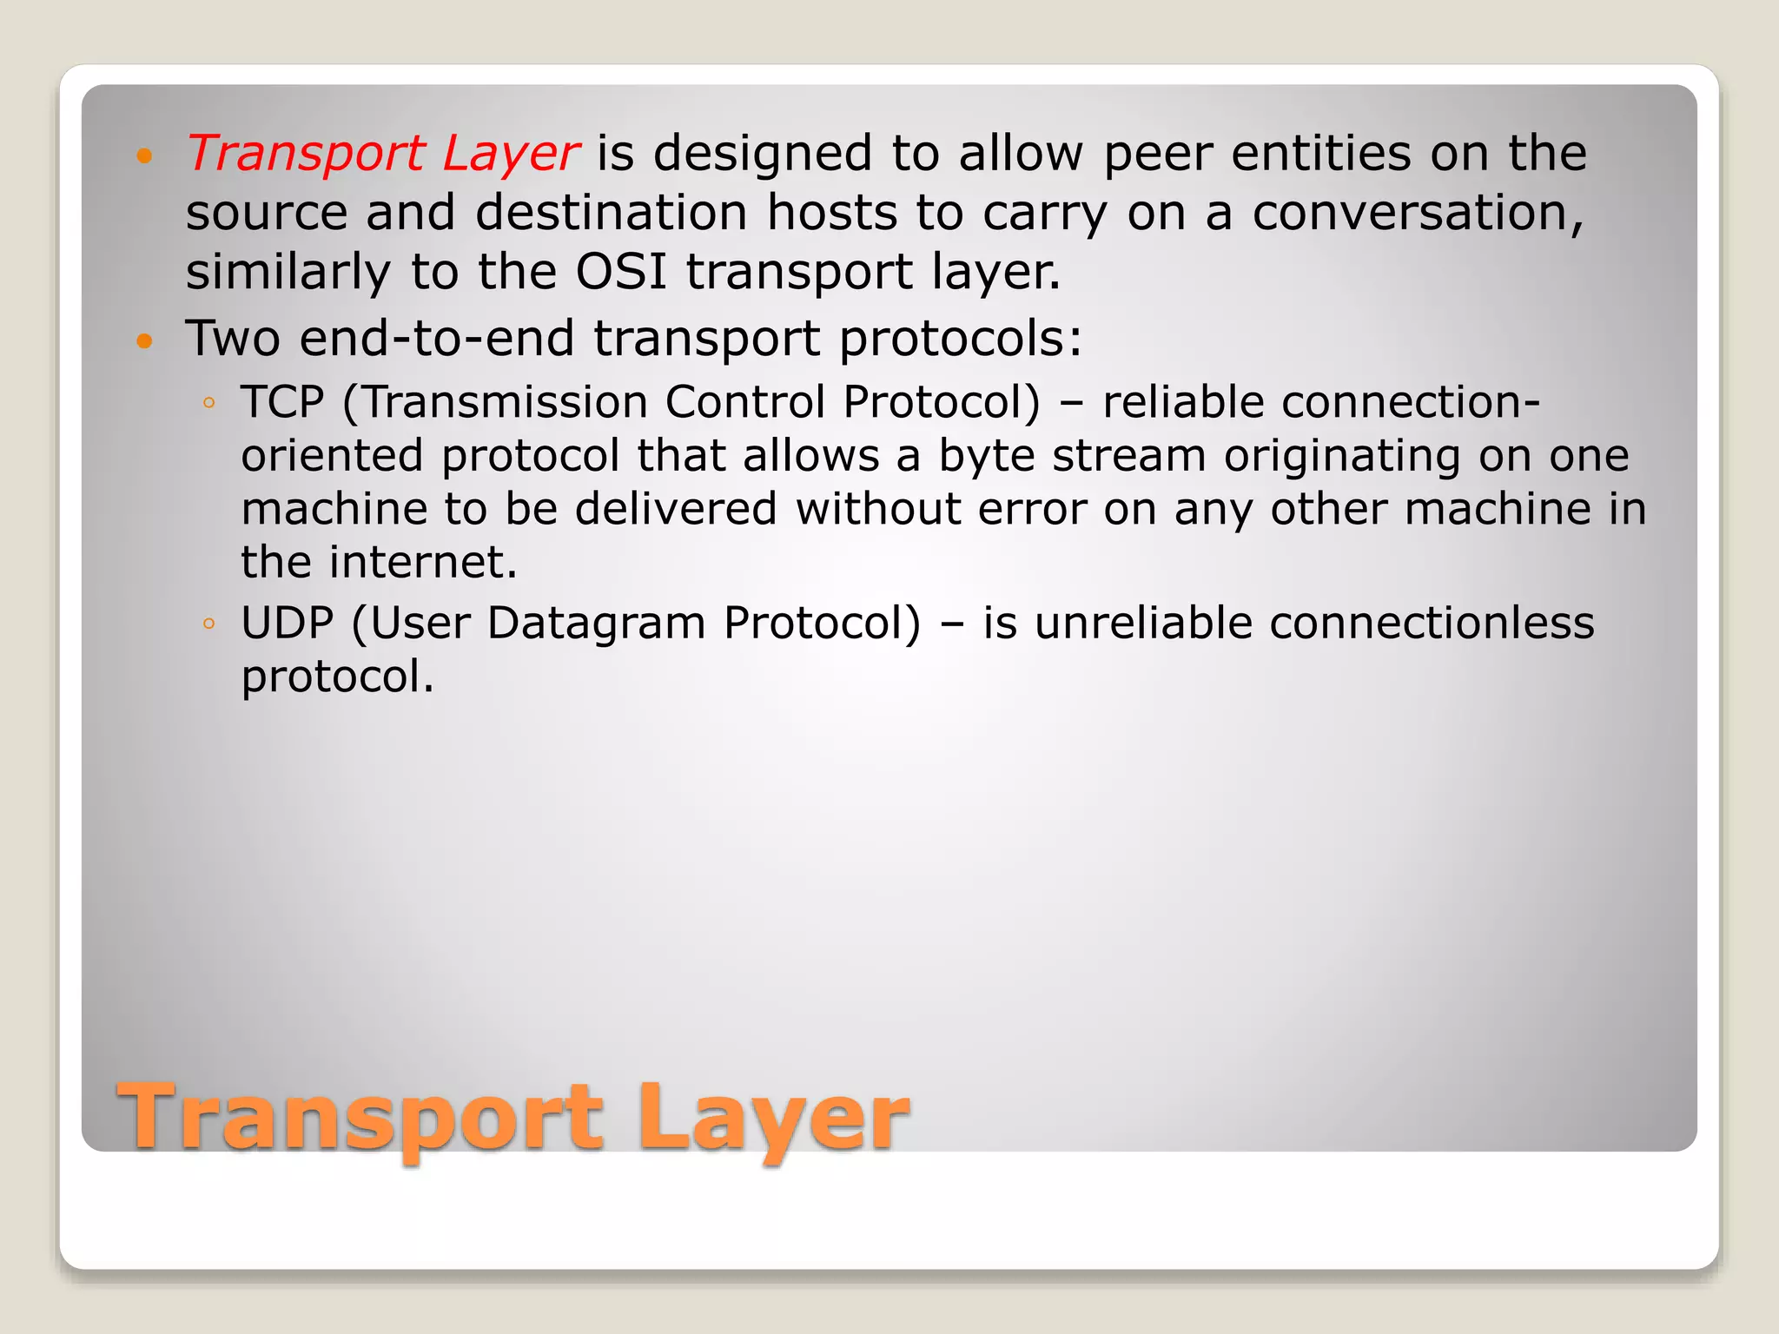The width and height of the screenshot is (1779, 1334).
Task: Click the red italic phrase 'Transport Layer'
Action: tap(382, 154)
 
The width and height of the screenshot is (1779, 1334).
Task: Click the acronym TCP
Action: tap(282, 402)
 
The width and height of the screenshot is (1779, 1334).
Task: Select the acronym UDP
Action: tap(287, 624)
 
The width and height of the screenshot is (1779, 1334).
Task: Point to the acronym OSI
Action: tap(621, 272)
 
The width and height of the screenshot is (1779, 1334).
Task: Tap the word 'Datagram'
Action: tap(595, 624)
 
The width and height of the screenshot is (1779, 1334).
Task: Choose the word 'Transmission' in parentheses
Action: tap(505, 402)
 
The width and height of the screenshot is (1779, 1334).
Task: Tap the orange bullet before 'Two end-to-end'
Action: tap(144, 341)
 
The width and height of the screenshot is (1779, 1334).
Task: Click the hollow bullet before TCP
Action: tap(208, 403)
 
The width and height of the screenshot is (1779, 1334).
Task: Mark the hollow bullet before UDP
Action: tap(208, 624)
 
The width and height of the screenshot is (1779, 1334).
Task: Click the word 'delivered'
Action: tap(675, 509)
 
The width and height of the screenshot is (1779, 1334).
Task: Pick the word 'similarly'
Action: tap(288, 272)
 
